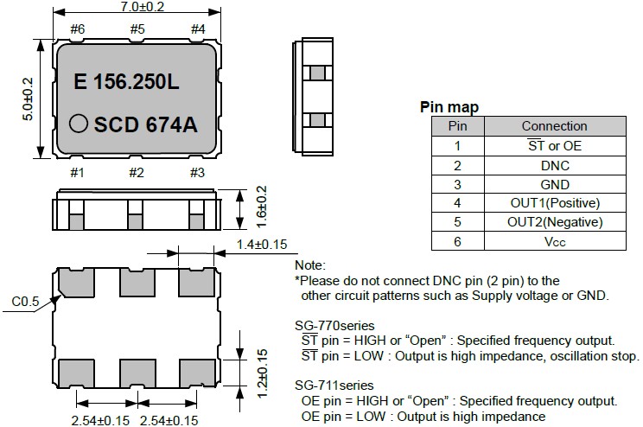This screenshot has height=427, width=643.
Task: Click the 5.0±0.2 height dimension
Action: tap(27, 98)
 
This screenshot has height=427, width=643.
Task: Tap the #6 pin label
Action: tap(78, 29)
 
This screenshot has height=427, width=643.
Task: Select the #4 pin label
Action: tap(197, 29)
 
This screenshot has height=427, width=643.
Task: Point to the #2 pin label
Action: tap(137, 173)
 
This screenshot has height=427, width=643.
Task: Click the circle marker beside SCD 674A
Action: tap(79, 123)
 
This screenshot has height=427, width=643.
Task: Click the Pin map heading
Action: tap(449, 107)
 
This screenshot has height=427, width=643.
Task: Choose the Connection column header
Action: tap(554, 126)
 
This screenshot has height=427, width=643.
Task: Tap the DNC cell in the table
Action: tap(554, 165)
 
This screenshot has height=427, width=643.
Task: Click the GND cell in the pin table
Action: tap(554, 184)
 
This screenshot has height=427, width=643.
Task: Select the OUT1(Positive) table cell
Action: tap(554, 203)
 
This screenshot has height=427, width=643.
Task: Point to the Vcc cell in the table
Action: tap(554, 241)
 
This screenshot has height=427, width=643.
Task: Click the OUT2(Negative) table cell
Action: tap(554, 222)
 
